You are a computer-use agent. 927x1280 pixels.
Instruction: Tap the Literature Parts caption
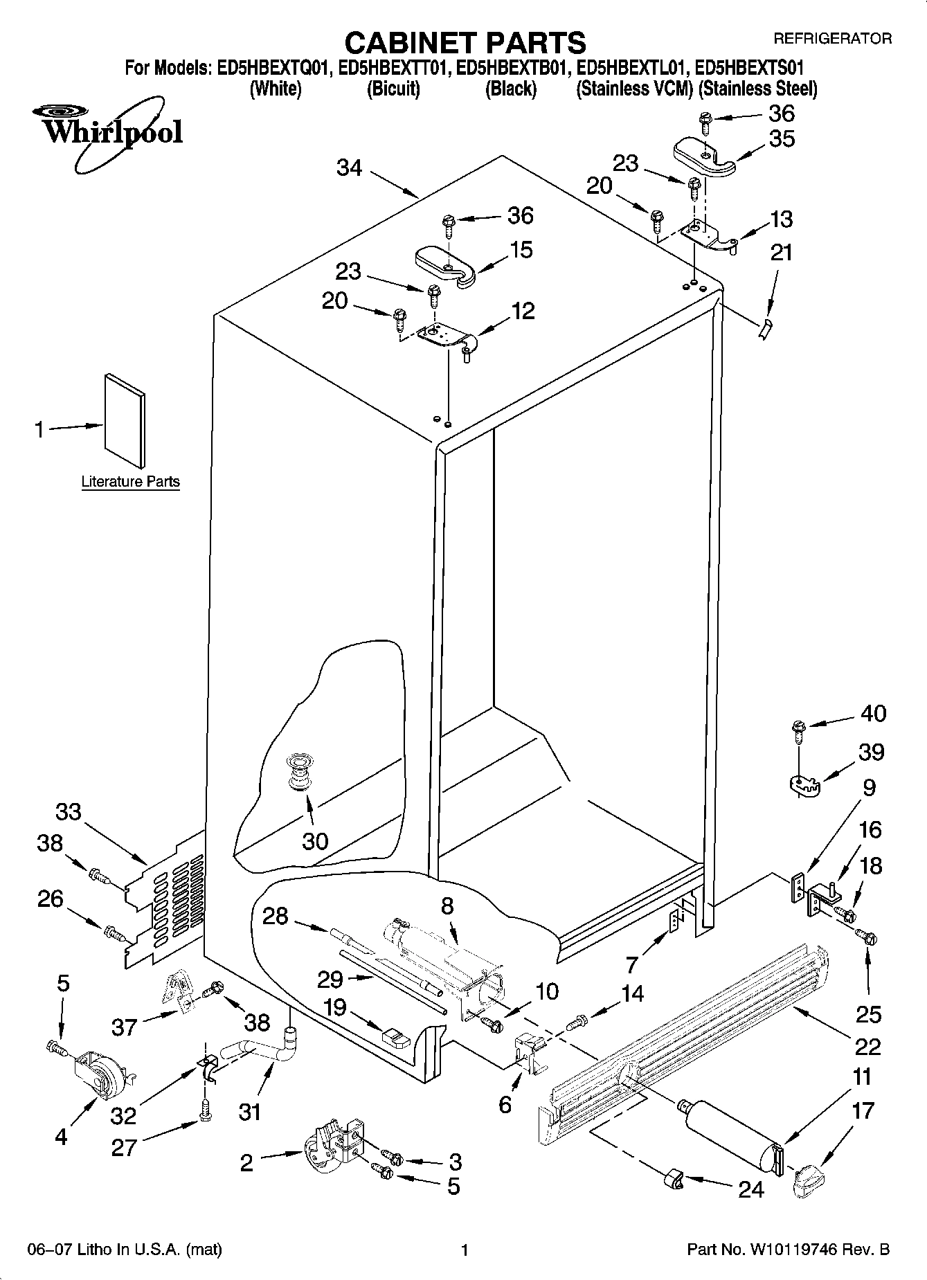point(130,482)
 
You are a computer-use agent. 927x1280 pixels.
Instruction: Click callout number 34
point(350,168)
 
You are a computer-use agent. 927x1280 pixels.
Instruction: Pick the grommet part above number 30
point(299,771)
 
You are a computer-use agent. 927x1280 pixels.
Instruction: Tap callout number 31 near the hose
point(249,1112)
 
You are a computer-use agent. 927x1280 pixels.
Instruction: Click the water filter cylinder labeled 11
point(731,1134)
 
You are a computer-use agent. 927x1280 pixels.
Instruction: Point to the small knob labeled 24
point(673,1178)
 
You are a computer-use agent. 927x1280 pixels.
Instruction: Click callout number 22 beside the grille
point(867,1045)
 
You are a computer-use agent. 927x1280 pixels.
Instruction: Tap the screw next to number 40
point(798,729)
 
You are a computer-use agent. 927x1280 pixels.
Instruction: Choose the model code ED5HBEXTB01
point(514,68)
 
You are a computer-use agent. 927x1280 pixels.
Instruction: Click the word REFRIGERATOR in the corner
point(832,39)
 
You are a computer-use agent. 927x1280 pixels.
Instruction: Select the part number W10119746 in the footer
point(795,1250)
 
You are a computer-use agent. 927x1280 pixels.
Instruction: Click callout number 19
point(335,1007)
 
